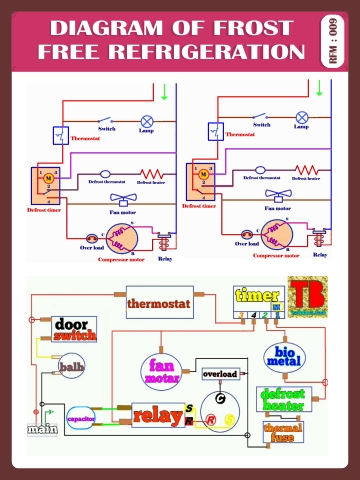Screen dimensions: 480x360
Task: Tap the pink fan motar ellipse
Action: coord(161,372)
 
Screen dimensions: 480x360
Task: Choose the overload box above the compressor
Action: coord(220,373)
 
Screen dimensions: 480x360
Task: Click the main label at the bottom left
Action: coord(41,430)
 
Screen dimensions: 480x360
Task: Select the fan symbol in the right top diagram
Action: coord(271,197)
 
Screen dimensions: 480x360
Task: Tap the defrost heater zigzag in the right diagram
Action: coord(301,171)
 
